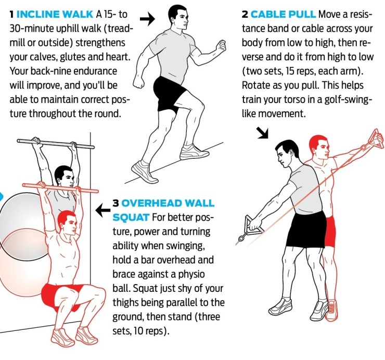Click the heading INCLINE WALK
55,14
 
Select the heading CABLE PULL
283,14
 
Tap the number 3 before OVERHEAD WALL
115,203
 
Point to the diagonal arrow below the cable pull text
263,133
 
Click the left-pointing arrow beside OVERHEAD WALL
103,210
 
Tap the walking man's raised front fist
222,46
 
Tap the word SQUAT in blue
131,217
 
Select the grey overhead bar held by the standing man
56,144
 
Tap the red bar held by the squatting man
60,188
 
